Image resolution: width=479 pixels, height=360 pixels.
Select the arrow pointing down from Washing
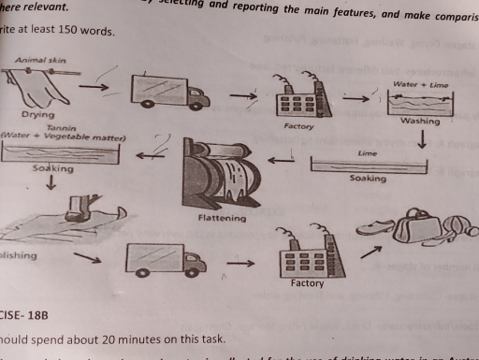click(422, 139)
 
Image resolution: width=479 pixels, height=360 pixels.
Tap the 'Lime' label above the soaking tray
click(366, 151)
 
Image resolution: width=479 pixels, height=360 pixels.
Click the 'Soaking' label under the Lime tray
click(367, 176)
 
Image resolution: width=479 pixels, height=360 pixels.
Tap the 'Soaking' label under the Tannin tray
click(51, 169)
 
